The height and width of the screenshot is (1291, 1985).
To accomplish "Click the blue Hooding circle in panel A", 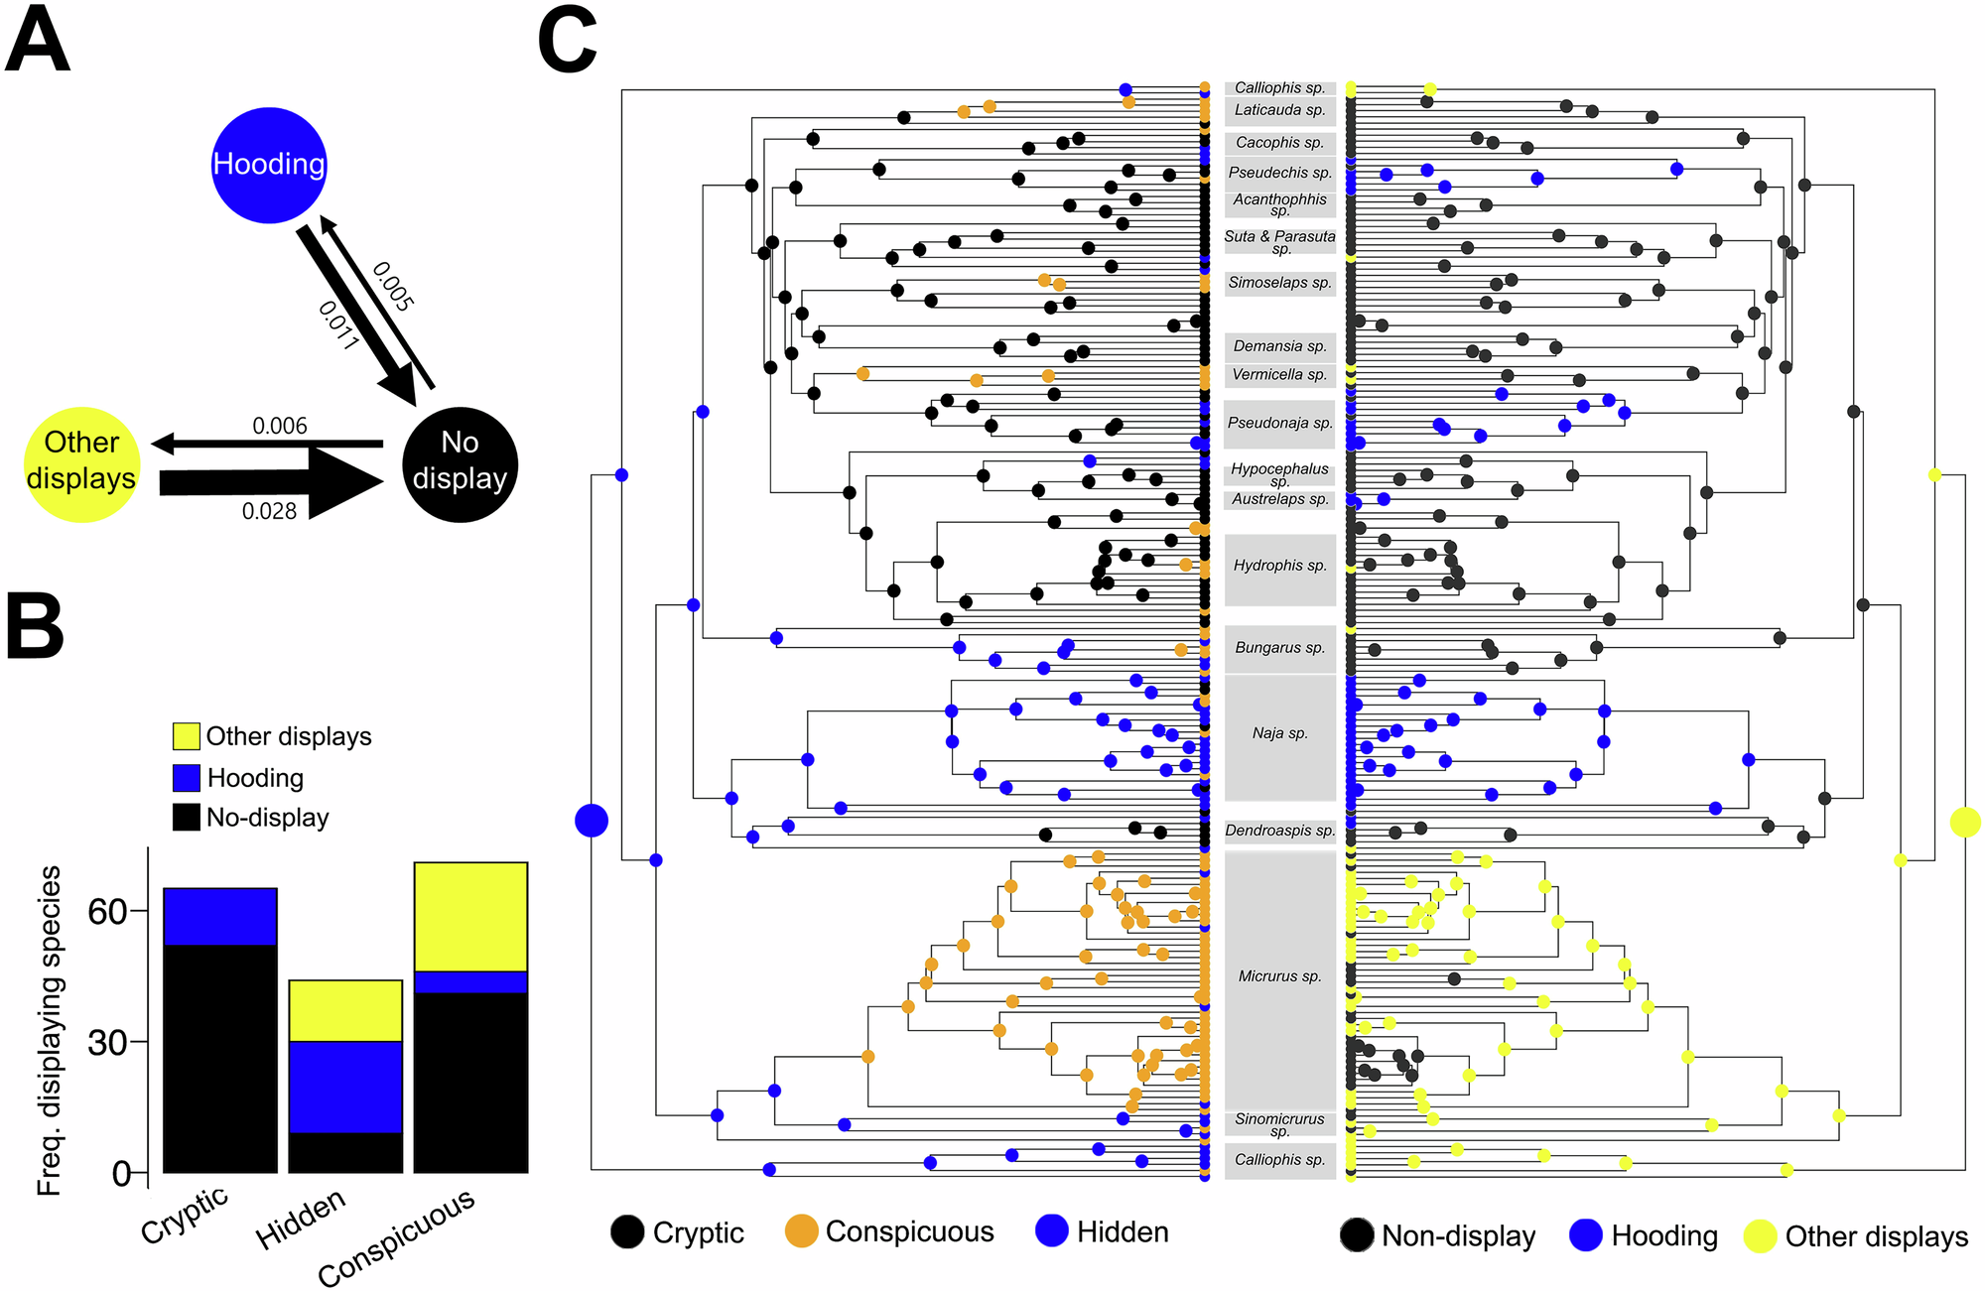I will coord(269,165).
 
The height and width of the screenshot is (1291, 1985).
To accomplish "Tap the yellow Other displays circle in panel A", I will coord(81,464).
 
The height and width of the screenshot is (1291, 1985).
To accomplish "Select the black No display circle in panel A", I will coord(460,464).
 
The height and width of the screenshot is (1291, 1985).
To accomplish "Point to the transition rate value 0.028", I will coord(269,512).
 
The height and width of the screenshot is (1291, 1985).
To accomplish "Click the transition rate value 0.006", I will coord(280,427).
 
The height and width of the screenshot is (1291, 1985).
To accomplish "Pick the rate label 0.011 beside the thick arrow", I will coord(338,324).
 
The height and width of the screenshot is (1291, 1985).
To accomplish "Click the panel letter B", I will coord(36,627).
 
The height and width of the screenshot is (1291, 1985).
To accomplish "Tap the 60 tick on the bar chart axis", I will coord(108,911).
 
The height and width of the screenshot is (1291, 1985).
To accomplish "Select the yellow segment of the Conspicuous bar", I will coord(470,916).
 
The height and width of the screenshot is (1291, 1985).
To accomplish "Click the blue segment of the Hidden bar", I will coord(345,1087).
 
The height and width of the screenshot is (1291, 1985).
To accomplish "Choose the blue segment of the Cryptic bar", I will coord(219,916).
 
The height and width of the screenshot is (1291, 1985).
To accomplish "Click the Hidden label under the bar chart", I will coord(301,1219).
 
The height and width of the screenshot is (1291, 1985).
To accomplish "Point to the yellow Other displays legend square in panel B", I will coord(186,736).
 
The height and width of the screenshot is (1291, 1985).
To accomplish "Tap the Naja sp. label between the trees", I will coord(1279,733).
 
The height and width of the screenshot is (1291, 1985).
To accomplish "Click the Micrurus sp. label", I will coord(1279,976).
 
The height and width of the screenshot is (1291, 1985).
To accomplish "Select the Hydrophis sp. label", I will coord(1279,566).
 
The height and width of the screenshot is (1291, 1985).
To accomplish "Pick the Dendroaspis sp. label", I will coord(1279,831).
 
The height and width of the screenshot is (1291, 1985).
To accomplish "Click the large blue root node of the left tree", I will coord(592,821).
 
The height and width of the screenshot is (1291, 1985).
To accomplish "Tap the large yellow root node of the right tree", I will coord(1965,822).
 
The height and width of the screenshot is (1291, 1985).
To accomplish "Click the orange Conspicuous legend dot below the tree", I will coord(801,1231).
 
